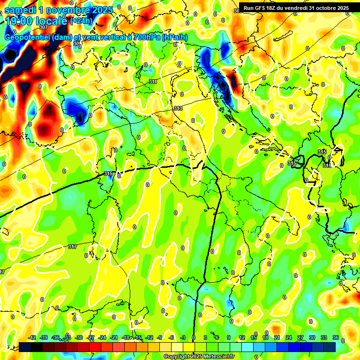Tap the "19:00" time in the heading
click(x=18, y=21)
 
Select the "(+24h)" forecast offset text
click(x=81, y=21)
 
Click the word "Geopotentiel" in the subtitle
click(x=28, y=37)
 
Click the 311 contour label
click(x=153, y=82)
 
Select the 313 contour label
click(x=178, y=108)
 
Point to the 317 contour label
click(x=72, y=247)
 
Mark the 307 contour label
click(x=44, y=40)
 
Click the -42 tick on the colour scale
click(x=32, y=337)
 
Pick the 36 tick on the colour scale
click(x=335, y=337)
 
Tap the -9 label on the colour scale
click(x=160, y=337)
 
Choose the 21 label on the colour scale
click(x=277, y=337)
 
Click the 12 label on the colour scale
click(x=242, y=337)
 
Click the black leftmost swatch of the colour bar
click(x=25, y=346)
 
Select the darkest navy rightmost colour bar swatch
click(x=330, y=346)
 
